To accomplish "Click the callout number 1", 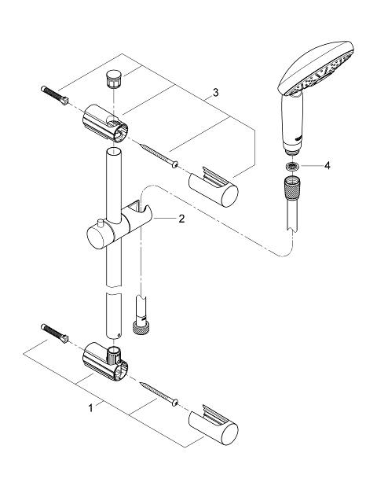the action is (90, 408).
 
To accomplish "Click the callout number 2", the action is (181, 219).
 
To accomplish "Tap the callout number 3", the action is (215, 92).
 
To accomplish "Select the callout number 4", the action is (328, 165).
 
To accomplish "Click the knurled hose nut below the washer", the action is (292, 187).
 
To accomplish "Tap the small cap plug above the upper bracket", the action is (114, 79).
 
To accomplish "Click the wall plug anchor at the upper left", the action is (54, 95).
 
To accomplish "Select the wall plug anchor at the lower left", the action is (54, 333).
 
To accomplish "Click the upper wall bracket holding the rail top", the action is (105, 123).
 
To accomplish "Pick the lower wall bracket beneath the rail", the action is (105, 362).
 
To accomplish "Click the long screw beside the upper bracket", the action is (159, 156).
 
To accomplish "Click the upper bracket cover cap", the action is (214, 187).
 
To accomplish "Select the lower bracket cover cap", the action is (214, 425).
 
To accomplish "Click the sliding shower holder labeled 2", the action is (119, 226).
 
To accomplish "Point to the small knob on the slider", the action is (100, 223).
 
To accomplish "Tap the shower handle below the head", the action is (291, 124).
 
